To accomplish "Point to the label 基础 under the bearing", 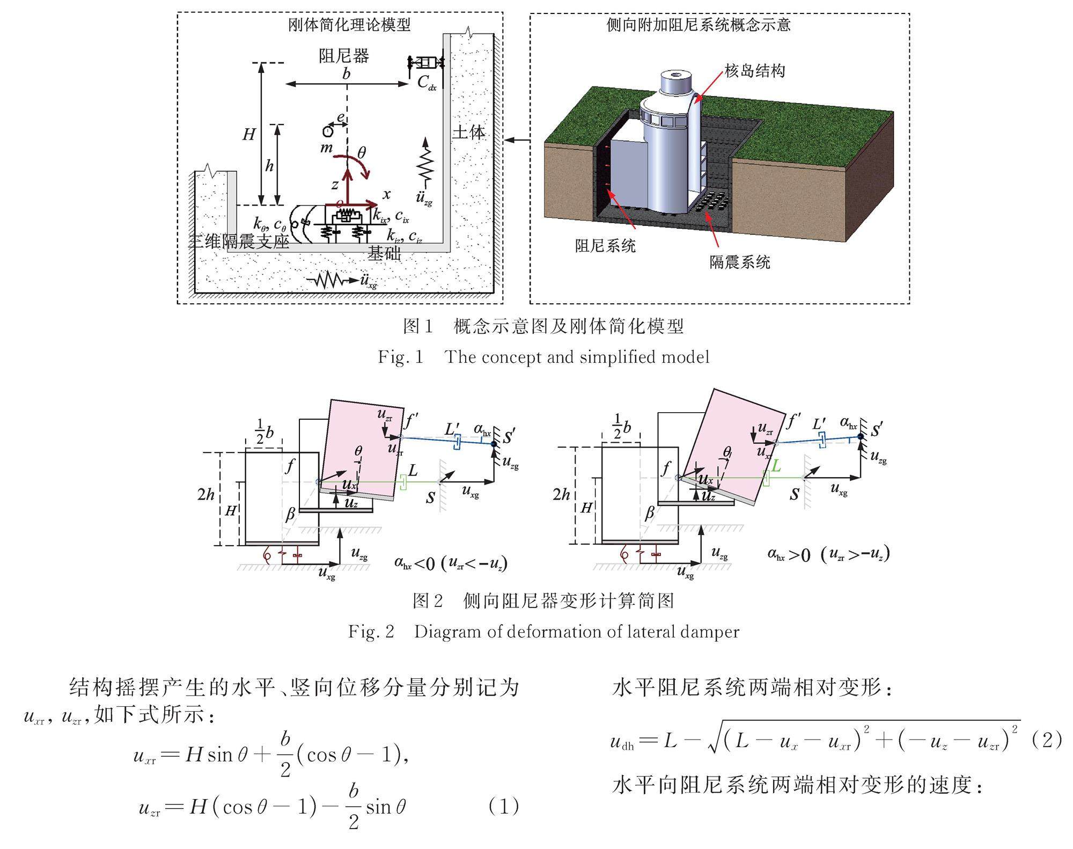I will pyautogui.click(x=384, y=253).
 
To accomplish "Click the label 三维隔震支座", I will pyautogui.click(x=239, y=241).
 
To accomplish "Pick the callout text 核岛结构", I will pyautogui.click(x=755, y=70).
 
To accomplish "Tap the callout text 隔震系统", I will pyautogui.click(x=740, y=262).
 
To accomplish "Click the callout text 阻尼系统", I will pyautogui.click(x=606, y=245).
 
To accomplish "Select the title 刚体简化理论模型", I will pyautogui.click(x=349, y=25).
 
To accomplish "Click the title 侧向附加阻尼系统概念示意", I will pyautogui.click(x=699, y=25).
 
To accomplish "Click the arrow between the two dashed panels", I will pyautogui.click(x=517, y=140).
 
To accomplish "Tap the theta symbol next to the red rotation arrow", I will pyautogui.click(x=362, y=153).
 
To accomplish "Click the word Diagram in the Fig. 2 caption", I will pyautogui.click(x=446, y=632).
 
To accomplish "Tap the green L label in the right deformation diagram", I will pyautogui.click(x=776, y=466).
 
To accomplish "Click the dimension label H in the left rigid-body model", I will pyautogui.click(x=248, y=134).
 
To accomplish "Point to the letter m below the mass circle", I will pyautogui.click(x=326, y=147).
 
